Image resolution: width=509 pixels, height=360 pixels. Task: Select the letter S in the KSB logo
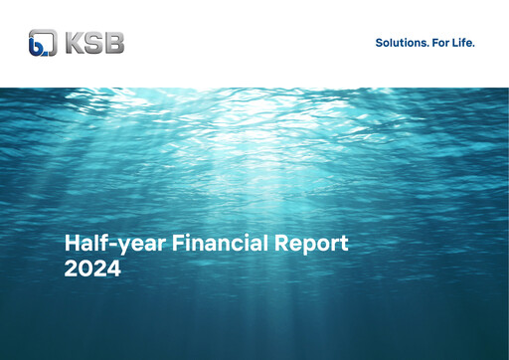pyautogui.click(x=95, y=43)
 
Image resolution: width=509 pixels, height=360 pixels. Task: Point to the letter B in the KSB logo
pyautogui.click(x=114, y=43)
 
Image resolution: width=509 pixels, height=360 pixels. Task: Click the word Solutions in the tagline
pyautogui.click(x=402, y=43)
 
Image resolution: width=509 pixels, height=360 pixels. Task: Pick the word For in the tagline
pyautogui.click(x=442, y=43)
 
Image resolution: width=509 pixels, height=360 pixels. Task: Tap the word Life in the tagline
pyautogui.click(x=465, y=43)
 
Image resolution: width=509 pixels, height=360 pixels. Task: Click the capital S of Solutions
pyautogui.click(x=379, y=43)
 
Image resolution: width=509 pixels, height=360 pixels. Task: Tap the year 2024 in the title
pyautogui.click(x=92, y=269)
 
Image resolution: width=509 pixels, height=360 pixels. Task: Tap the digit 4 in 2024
pyautogui.click(x=113, y=269)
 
